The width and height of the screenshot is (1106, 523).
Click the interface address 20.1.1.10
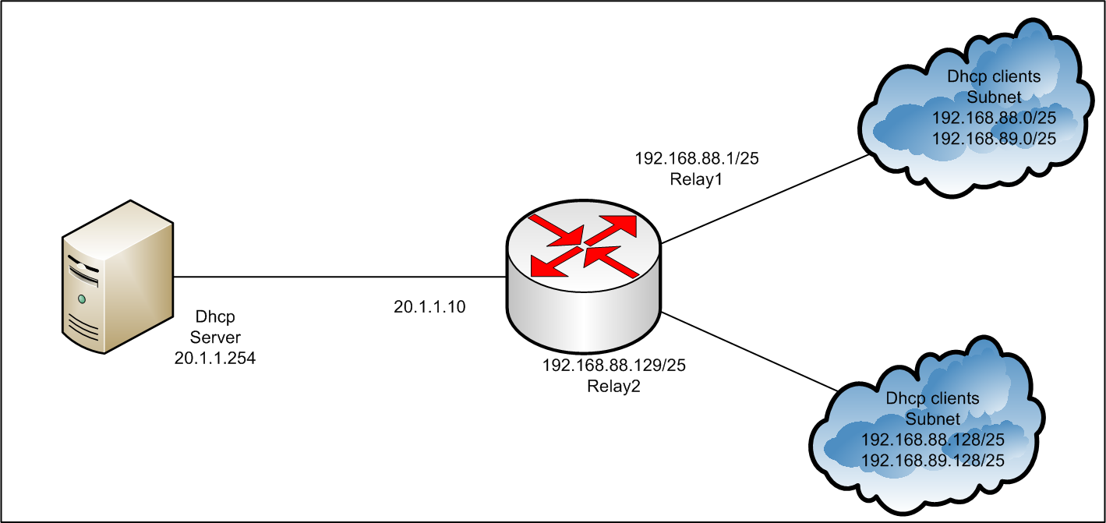[429, 307]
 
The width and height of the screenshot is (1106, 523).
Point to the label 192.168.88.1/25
[697, 159]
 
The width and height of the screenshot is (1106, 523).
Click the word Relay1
[697, 179]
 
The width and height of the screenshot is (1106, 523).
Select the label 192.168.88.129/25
[613, 366]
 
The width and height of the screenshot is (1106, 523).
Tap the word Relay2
[613, 387]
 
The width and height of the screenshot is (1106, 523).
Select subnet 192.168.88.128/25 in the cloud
[932, 440]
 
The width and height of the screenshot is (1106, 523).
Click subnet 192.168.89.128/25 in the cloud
[932, 461]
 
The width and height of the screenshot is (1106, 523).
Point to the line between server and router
[335, 277]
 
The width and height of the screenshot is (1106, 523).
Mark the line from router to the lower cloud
[748, 351]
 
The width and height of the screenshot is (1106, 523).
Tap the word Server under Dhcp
[215, 337]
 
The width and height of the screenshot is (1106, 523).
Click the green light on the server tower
[81, 299]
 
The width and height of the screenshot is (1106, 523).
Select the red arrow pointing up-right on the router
[616, 226]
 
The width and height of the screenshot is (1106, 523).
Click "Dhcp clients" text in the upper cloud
[994, 77]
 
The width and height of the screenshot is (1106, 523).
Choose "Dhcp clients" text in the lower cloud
[932, 398]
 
